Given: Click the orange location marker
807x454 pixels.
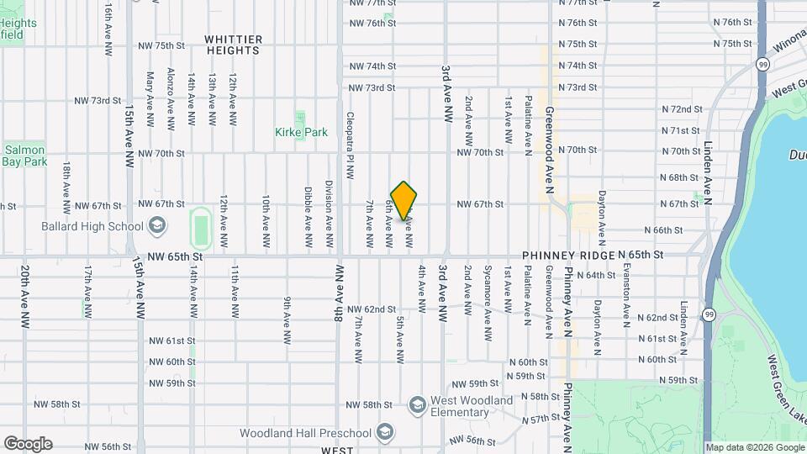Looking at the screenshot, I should [403, 200].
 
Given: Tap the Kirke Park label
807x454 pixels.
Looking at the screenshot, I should [301, 132].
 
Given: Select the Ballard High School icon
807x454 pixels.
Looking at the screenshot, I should [156, 225].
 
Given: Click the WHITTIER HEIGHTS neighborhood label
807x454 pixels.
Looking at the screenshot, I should [233, 45].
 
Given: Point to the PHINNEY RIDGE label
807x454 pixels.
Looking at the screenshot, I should [567, 255].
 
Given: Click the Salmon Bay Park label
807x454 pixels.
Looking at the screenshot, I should [23, 155].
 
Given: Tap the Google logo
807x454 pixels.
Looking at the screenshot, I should [28, 443].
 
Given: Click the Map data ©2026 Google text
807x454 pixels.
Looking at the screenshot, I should [754, 447].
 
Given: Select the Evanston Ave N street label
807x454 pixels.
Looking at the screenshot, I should [625, 293].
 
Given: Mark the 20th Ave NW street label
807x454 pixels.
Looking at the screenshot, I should [25, 297].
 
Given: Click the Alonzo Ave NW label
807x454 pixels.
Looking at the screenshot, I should [171, 99].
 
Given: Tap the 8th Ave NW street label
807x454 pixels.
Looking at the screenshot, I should [339, 294].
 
